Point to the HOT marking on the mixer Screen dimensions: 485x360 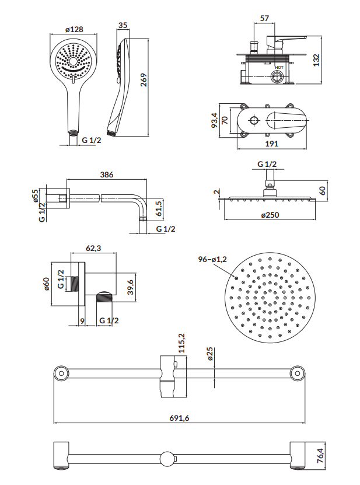click(279, 67)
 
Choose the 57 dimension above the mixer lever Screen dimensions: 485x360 click(264, 19)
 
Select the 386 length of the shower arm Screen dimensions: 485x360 click(106, 174)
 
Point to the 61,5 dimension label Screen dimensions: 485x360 click(159, 208)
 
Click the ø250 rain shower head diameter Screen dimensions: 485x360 click(270, 215)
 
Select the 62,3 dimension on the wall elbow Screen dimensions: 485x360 click(94, 249)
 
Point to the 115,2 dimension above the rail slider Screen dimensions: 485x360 click(181, 344)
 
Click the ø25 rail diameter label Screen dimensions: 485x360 click(209, 354)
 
